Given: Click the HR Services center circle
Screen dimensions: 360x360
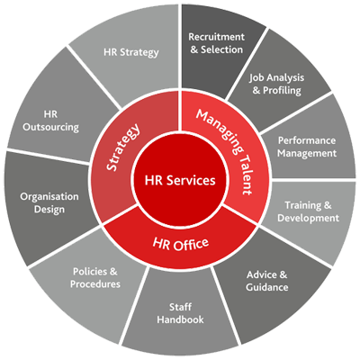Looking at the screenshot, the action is point(180,180).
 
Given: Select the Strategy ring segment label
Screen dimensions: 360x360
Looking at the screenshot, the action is point(123,147).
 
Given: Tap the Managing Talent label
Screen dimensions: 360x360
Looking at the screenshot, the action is point(225,152).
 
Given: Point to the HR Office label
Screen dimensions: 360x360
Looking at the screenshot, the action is point(181,243).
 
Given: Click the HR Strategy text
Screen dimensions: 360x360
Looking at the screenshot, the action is point(131,52).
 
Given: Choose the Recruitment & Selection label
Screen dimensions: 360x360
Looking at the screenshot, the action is point(216,43).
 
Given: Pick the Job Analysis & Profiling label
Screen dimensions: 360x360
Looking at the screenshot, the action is point(276,84).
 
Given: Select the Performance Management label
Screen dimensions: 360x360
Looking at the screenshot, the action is point(307,147).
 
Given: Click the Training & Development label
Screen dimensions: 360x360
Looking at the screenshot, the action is point(308,211).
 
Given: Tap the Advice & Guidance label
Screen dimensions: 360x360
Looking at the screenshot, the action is point(266,281).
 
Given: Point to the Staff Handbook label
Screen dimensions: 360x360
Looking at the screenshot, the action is point(180,313).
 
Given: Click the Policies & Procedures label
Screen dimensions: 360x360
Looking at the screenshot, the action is point(95,278).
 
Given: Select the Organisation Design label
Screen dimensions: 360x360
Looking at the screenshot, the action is point(49,202).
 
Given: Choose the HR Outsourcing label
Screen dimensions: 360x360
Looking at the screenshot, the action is point(50,121).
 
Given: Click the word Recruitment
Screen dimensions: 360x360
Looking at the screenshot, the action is point(216,37).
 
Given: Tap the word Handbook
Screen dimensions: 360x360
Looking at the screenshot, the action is point(180,319).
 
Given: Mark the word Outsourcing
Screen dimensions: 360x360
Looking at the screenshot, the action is point(50,127).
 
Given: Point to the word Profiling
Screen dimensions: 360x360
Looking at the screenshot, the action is point(282,90).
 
